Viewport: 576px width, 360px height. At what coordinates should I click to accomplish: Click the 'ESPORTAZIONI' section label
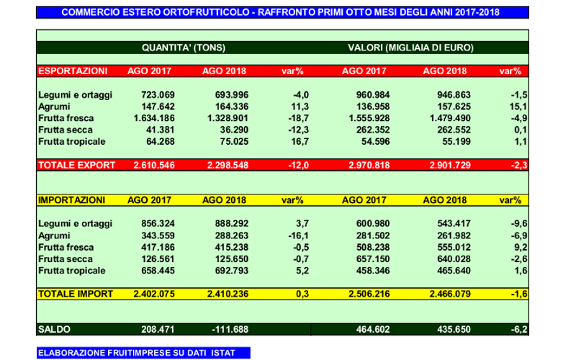[72, 71]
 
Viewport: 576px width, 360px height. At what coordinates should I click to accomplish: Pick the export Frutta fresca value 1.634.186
[149, 117]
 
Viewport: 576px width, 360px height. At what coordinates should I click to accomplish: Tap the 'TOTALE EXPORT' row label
[76, 165]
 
